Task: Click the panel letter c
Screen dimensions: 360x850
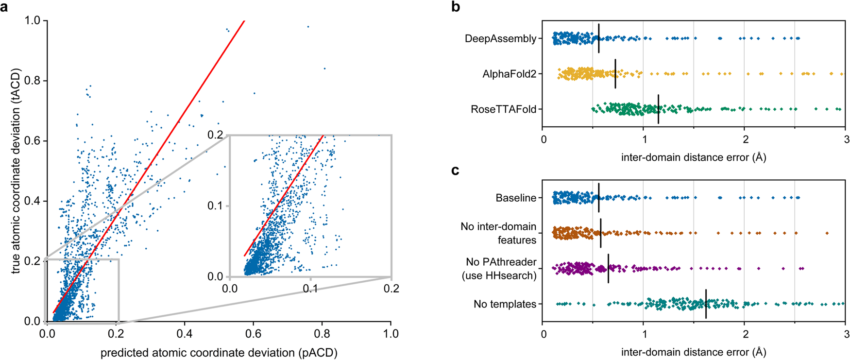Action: (455, 171)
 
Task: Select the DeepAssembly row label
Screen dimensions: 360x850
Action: (500, 39)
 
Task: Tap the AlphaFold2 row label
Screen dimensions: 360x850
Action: (509, 74)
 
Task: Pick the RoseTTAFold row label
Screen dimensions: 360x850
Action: (503, 110)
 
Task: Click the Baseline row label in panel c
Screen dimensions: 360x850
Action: (516, 198)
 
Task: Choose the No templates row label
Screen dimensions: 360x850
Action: (505, 305)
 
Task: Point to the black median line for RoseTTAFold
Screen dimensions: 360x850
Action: (658, 109)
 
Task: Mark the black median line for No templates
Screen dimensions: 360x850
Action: (706, 304)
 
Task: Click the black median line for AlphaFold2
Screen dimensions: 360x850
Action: (615, 74)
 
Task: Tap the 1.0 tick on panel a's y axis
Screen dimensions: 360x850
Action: (34, 21)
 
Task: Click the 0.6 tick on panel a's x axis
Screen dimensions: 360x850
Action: (253, 334)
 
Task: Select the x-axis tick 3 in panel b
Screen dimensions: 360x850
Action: (845, 139)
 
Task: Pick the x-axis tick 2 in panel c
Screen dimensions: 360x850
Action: (744, 334)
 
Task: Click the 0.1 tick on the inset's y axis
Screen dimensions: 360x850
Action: (215, 206)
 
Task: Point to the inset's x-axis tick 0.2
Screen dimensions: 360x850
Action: (391, 289)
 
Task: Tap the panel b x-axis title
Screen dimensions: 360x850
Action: (694, 157)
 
